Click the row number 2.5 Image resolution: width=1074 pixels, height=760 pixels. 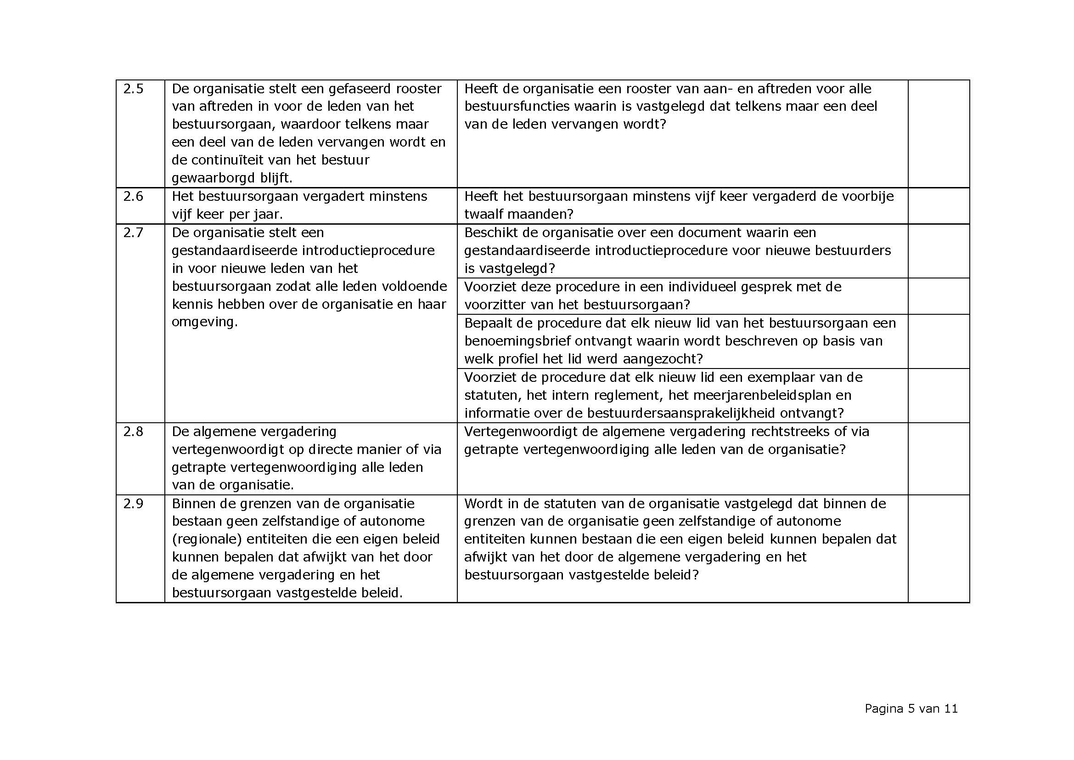[133, 89]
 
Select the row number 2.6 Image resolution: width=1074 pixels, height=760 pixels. [133, 196]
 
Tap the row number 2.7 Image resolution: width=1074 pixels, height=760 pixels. [133, 233]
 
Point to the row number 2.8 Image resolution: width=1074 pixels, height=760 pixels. [133, 431]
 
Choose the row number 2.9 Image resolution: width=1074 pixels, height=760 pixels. [133, 504]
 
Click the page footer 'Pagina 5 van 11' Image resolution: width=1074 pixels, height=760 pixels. [911, 709]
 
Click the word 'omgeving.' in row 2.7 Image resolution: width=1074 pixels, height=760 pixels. [205, 323]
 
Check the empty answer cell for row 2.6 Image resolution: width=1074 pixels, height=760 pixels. [939, 206]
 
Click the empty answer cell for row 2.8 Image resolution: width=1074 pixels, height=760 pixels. [939, 459]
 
